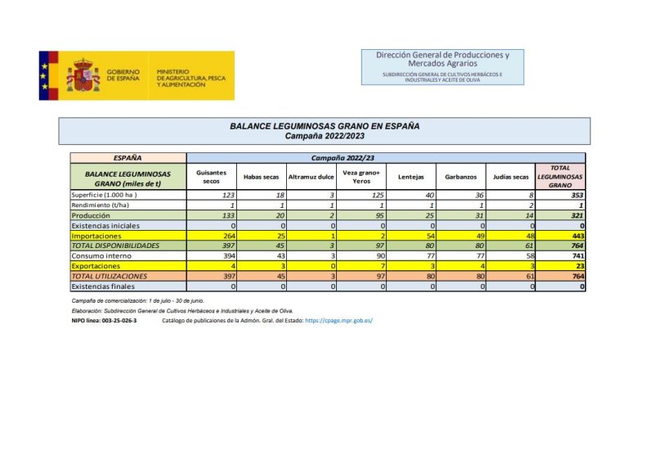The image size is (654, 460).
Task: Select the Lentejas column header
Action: coord(410,177)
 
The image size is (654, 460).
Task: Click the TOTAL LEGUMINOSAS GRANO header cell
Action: coord(560,177)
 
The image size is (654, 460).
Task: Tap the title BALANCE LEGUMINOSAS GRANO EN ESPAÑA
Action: coord(325,127)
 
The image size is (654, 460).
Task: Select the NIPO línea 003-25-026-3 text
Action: coord(104,320)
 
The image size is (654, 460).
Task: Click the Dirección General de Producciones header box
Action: coord(442,65)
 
